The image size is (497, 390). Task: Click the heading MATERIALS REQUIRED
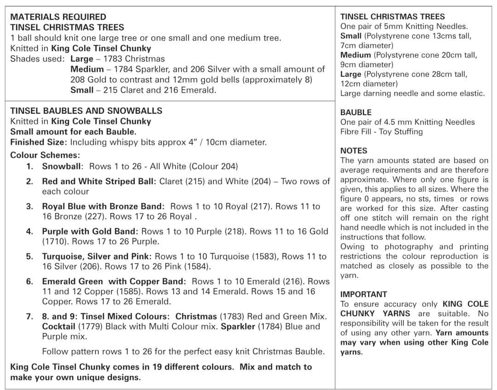(x=58, y=17)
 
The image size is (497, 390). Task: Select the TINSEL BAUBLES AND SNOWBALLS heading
(x=86, y=111)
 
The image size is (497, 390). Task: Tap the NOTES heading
(x=353, y=151)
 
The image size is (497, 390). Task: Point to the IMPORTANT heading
(x=364, y=294)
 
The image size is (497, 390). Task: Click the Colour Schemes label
(x=45, y=155)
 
